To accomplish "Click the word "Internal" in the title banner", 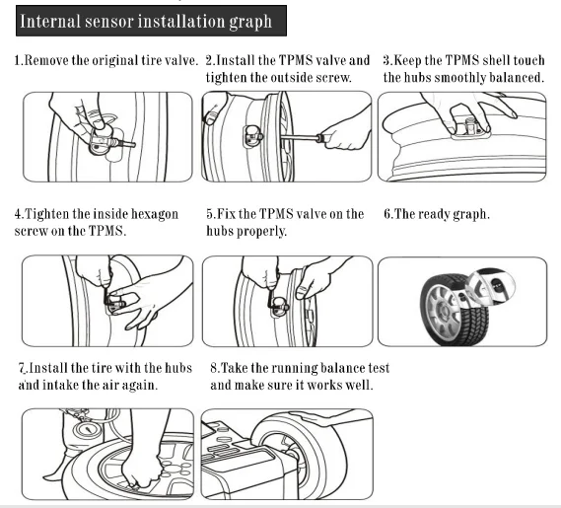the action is pos(49,21).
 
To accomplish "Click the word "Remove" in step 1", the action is pos(46,60).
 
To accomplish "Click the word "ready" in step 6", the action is pos(433,215).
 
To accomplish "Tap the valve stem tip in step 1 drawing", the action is pos(132,145).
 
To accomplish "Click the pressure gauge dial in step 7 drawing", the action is pos(88,429).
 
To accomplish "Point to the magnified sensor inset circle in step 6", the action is pos(492,285).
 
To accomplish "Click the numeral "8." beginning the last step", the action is pos(214,368).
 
